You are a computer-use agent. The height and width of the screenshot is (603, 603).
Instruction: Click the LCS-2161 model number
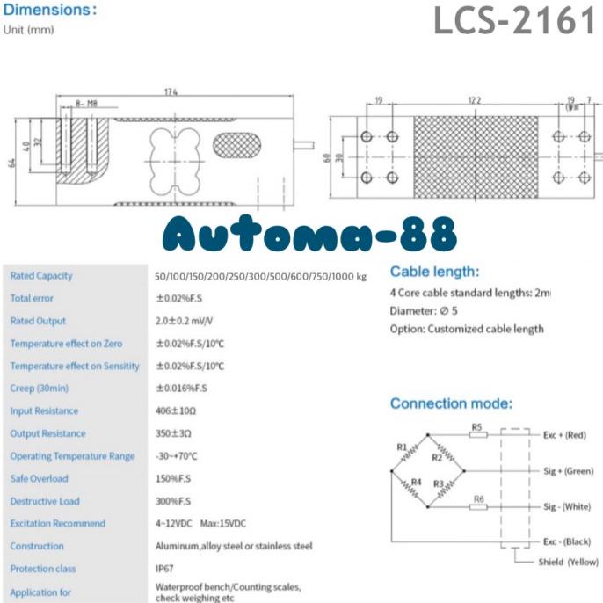514,21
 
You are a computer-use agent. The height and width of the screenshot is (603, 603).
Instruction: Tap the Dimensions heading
49,11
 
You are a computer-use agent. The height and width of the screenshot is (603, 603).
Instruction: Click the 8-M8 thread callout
86,103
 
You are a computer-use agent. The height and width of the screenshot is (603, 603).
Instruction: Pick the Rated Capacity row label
41,276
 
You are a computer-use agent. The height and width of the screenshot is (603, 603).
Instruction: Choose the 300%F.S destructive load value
173,502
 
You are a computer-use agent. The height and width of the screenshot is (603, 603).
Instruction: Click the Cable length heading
434,272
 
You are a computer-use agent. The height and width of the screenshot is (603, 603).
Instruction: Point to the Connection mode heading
451,403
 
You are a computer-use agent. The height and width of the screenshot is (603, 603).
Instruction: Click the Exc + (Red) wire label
563,435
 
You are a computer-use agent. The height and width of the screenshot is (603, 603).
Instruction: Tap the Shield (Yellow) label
568,562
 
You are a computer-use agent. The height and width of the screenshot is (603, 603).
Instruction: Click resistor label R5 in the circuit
477,428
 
